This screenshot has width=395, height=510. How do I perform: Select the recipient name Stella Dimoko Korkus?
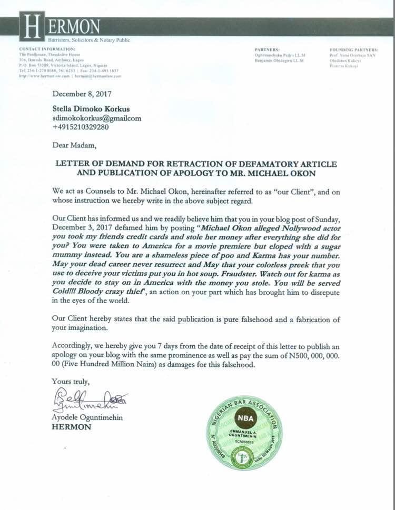pyautogui.click(x=95, y=108)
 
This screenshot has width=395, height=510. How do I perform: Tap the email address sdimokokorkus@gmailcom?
pyautogui.click(x=97, y=118)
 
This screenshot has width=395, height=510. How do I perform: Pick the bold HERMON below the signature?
pyautogui.click(x=71, y=427)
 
